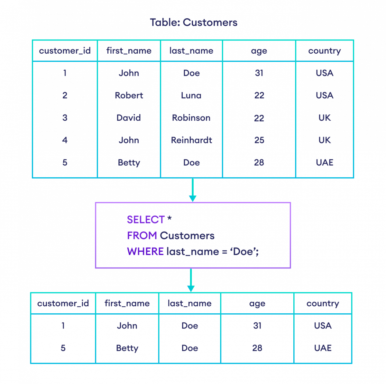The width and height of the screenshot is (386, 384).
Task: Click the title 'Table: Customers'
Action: (194, 22)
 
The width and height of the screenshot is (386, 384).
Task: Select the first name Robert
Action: (129, 95)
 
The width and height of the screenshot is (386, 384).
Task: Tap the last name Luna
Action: (191, 95)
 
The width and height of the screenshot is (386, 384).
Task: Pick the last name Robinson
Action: (191, 118)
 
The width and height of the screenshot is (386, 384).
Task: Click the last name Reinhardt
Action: (191, 140)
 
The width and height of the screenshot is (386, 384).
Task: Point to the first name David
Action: (129, 118)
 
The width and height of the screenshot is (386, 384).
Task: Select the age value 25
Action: (259, 140)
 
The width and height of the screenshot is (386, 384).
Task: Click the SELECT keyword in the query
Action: (146, 220)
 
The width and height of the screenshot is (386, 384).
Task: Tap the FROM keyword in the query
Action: (142, 236)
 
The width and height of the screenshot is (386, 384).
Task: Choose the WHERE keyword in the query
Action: (145, 251)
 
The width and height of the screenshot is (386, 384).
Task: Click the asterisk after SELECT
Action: (170, 219)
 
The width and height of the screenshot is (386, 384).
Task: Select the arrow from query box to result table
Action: (191, 281)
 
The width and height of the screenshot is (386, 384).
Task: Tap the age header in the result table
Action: (257, 304)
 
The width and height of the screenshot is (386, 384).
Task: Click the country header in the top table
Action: (324, 51)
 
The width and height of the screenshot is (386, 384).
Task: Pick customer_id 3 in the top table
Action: (65, 118)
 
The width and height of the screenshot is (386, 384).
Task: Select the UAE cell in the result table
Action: (323, 348)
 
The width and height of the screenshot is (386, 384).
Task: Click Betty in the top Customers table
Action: (129, 162)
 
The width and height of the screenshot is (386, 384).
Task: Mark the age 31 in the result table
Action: (257, 326)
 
